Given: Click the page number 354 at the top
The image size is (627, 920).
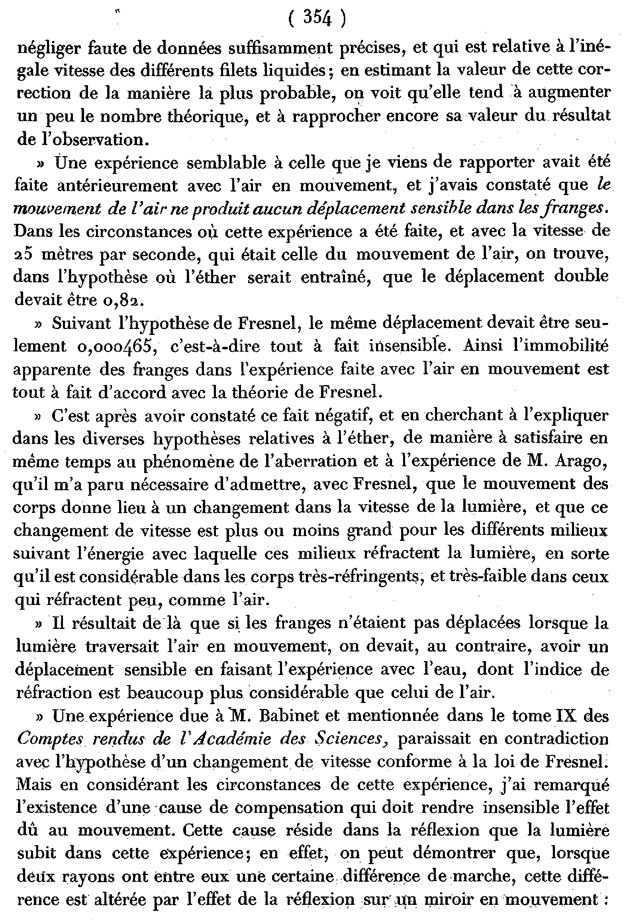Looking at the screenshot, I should pos(317,18).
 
